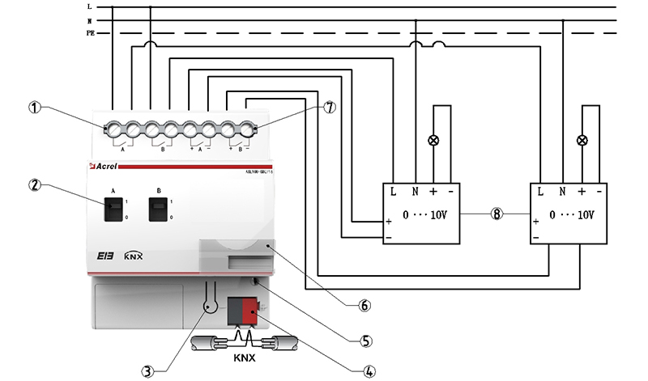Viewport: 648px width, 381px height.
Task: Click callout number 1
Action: coord(34,106)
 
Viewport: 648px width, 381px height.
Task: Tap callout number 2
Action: coord(34,184)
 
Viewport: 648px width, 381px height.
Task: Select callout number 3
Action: coord(147,371)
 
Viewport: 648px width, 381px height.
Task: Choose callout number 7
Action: coord(329,106)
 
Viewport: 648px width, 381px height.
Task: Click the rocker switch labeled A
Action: coord(110,210)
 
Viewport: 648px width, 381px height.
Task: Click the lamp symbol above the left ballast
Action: coord(433,141)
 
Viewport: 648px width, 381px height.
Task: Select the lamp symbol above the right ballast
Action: coord(582,141)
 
